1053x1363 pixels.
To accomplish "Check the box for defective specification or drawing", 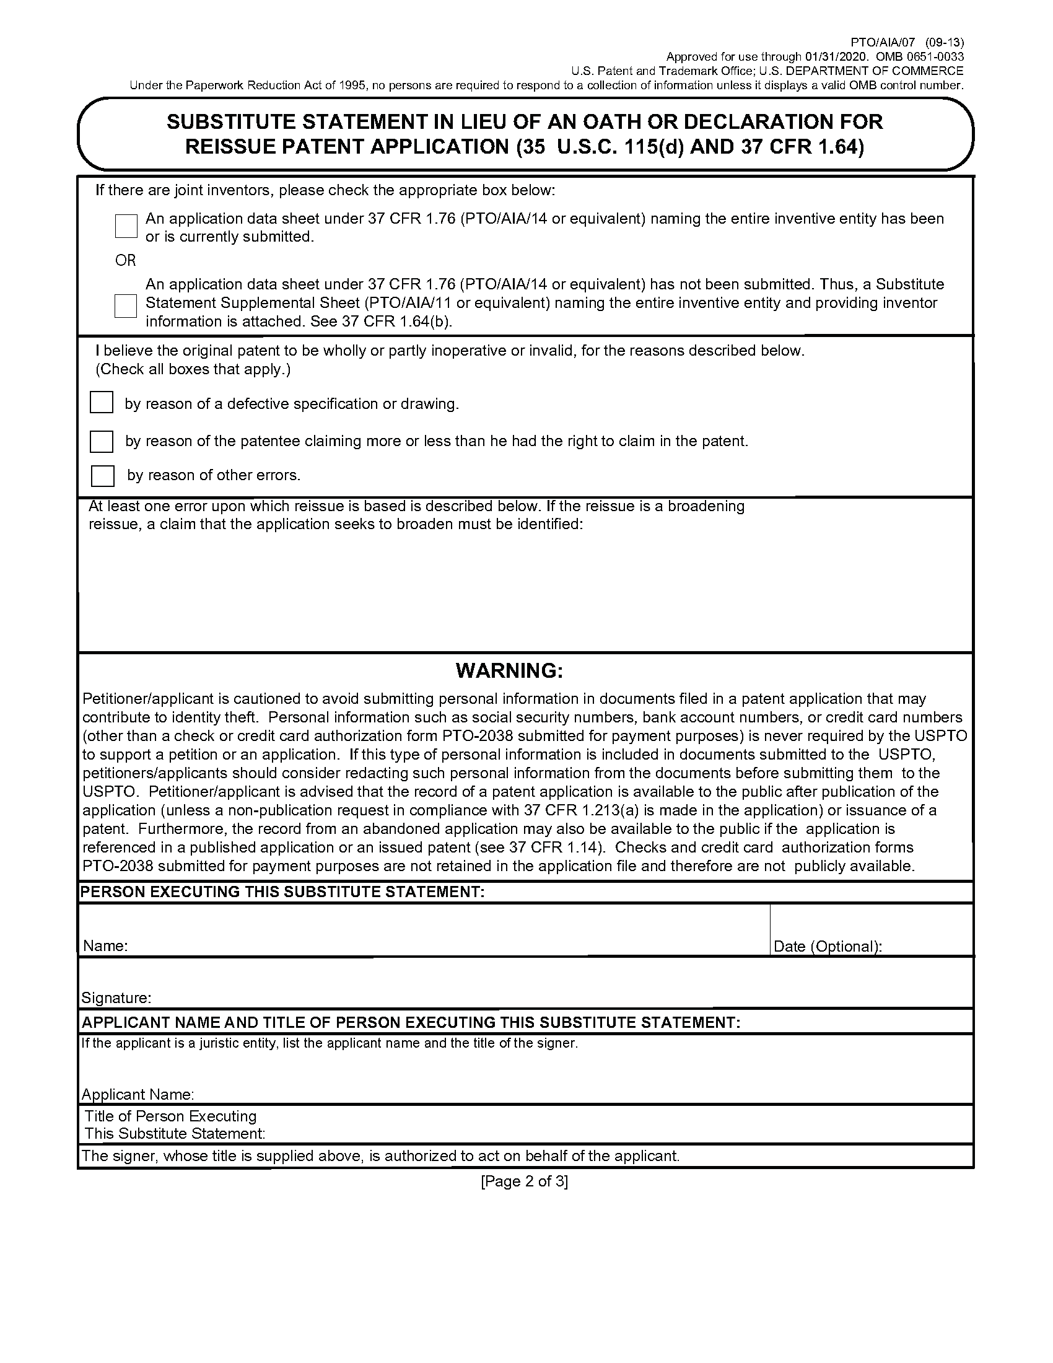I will pos(102,403).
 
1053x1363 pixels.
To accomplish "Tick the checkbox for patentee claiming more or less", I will pos(102,441).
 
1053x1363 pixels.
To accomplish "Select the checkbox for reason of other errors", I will pos(102,476).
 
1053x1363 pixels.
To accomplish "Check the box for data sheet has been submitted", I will pos(126,226).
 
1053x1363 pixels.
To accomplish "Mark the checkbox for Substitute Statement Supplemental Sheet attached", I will pos(125,306).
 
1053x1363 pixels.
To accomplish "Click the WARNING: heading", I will pos(509,671).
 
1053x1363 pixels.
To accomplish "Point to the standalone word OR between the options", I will pos(125,260).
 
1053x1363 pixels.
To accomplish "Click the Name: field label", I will pos(105,946).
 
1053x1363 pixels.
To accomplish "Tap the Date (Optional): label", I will pos(827,947).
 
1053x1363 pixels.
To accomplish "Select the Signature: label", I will pos(116,998).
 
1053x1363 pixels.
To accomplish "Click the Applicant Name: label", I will pos(138,1095).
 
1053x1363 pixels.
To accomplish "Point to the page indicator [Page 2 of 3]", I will pos(524,1181).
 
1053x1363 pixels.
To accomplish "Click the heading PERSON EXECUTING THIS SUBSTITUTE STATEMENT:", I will pos(282,892).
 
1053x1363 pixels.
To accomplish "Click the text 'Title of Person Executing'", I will pos(170,1116).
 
